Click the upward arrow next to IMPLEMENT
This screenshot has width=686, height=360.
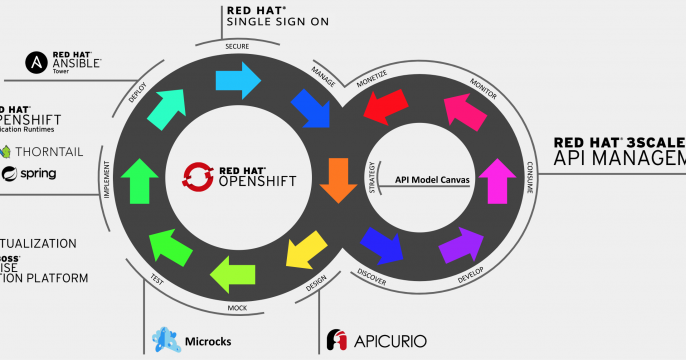tap(139, 180)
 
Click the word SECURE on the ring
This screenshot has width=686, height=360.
tap(237, 47)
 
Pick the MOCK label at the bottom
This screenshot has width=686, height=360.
tap(237, 307)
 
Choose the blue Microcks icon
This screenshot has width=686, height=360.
tap(164, 339)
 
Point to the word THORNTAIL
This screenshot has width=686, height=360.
tap(49, 152)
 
